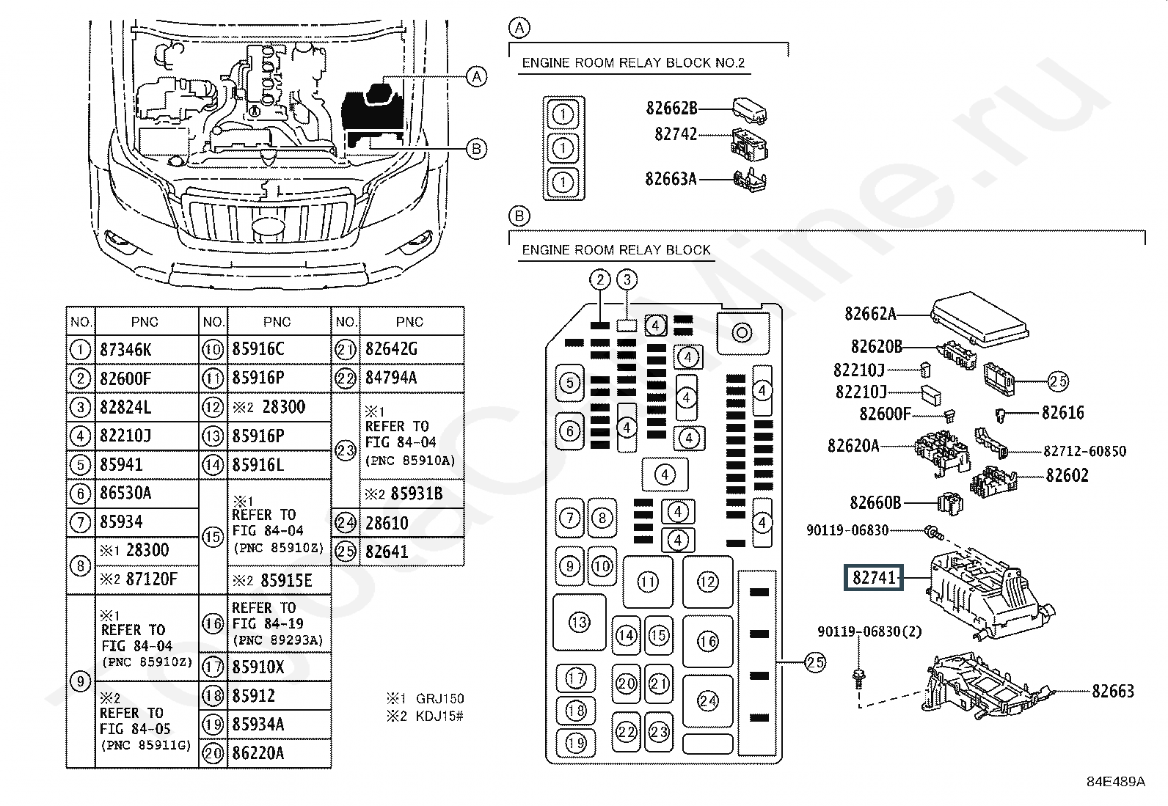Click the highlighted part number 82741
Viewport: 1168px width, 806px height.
click(873, 578)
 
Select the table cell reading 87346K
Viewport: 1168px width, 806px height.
click(147, 349)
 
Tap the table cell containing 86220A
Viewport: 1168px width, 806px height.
click(279, 753)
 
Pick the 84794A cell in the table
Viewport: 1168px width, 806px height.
click(412, 378)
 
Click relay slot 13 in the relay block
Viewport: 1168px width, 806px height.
click(580, 622)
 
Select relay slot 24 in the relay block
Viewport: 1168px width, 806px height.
click(707, 701)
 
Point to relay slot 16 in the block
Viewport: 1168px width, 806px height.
click(707, 641)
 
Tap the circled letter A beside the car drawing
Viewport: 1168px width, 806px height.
click(476, 77)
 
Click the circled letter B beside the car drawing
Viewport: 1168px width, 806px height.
click(476, 149)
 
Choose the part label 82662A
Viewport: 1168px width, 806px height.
click(870, 314)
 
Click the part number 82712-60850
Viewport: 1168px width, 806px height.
click(1084, 451)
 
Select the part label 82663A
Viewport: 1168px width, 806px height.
click(671, 179)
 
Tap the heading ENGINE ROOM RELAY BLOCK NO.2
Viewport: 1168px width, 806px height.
click(634, 63)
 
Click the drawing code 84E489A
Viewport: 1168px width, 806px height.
click(1116, 782)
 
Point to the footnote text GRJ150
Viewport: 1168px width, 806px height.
click(439, 699)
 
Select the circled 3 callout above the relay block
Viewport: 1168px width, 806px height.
click(627, 280)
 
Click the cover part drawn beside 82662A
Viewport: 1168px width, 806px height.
click(979, 319)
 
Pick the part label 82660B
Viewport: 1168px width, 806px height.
click(875, 502)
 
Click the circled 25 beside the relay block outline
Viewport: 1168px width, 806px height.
click(815, 663)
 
